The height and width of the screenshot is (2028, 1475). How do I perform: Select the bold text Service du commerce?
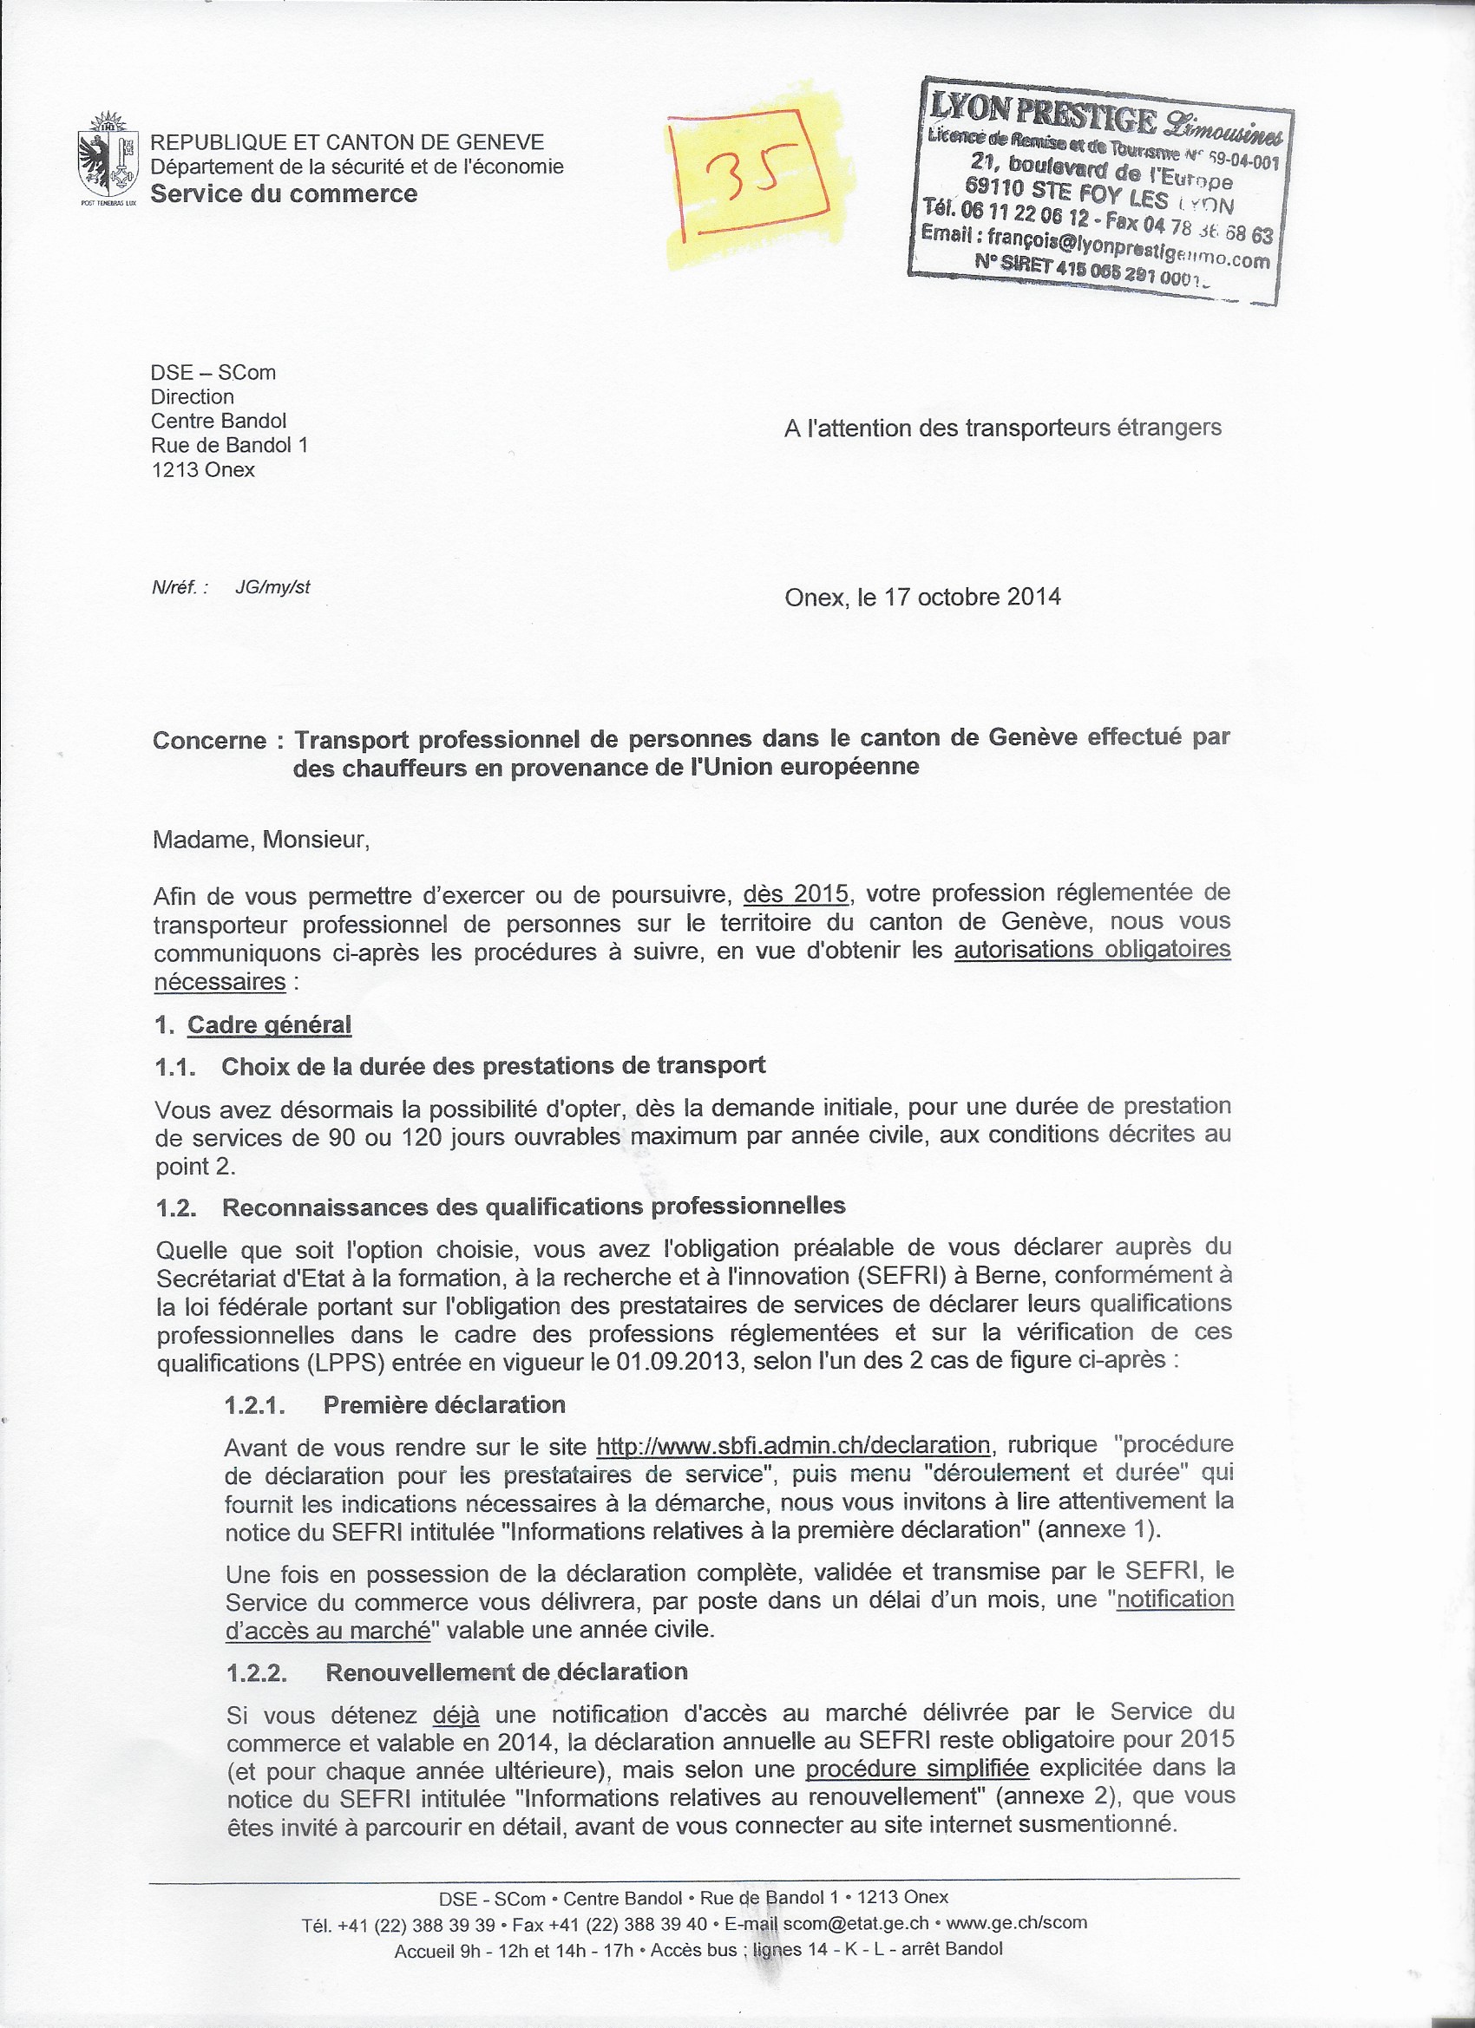(284, 194)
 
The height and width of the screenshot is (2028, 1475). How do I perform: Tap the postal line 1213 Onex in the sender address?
(203, 469)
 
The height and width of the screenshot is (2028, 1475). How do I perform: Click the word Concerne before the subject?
(209, 741)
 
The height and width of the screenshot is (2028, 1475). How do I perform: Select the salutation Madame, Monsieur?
(260, 840)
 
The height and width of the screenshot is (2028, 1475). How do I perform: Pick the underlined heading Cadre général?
(269, 1024)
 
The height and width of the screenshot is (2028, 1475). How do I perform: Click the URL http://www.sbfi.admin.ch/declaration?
(792, 1446)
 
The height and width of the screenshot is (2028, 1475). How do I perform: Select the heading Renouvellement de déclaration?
(507, 1672)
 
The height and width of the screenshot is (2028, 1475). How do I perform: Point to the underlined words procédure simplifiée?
(917, 1769)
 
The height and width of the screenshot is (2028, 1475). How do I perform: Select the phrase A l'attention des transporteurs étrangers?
(1003, 428)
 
